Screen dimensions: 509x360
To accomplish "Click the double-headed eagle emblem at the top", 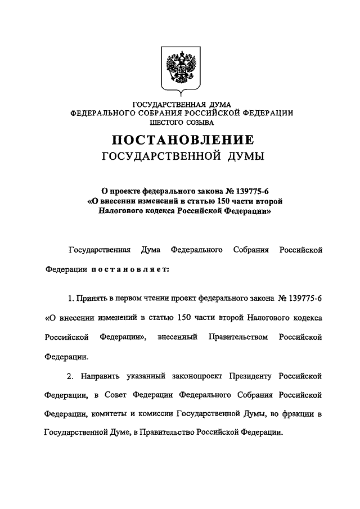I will [x=181, y=70].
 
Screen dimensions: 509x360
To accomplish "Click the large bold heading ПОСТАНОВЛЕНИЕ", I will [x=181, y=139].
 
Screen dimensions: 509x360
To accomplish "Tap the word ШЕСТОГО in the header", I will [x=164, y=121].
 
